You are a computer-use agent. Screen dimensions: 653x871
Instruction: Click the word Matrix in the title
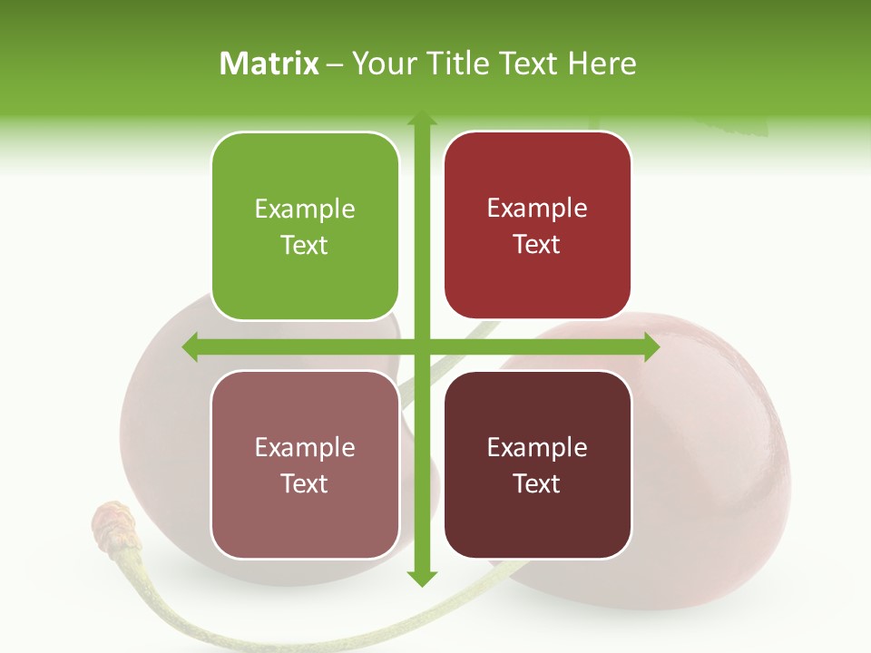269,63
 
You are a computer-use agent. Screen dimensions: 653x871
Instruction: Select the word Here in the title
602,63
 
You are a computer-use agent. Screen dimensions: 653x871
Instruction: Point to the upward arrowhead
421,119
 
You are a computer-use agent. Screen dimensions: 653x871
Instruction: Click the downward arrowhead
421,578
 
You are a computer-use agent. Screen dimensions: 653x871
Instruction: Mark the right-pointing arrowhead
651,346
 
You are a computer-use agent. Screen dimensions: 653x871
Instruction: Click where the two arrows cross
421,346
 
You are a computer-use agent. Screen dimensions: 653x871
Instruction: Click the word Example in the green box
305,210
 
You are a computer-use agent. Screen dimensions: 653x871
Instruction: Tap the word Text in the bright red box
537,245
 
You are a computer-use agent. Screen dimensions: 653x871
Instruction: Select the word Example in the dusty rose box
305,448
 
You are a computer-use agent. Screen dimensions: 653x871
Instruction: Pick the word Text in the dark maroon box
537,484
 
